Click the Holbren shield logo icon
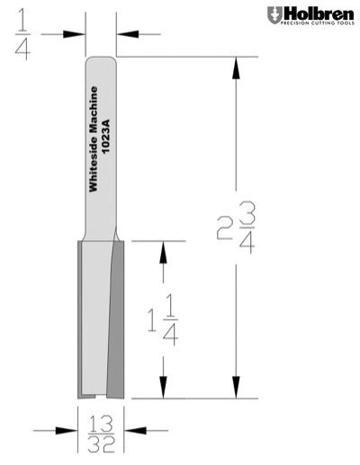coord(274,14)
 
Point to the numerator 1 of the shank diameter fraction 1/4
coord(21,16)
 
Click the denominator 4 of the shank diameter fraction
coord(21,48)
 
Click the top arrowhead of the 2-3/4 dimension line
coord(236,66)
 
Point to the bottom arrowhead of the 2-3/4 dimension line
coord(236,389)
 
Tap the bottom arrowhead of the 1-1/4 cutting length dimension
coord(162,389)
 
